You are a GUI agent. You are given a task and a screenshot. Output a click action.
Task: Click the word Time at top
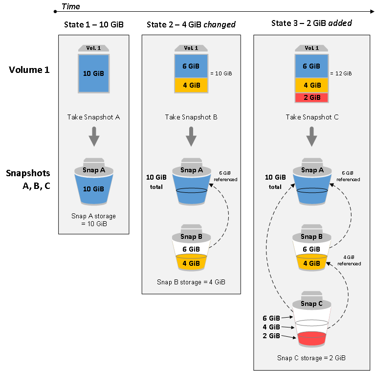[71, 6]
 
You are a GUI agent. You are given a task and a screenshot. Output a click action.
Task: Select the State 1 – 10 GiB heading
[93, 25]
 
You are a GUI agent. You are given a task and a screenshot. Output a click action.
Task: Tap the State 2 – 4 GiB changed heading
[191, 25]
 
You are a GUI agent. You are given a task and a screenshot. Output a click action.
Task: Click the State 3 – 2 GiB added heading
[312, 23]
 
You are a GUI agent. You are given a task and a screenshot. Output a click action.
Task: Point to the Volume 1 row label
[29, 70]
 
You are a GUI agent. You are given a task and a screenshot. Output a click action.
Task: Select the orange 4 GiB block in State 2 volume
[191, 85]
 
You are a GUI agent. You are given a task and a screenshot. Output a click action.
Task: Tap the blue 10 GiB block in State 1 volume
[93, 73]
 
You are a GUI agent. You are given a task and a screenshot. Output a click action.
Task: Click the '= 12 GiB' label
[341, 73]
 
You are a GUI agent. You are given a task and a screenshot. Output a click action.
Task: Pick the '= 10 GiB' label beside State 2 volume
[221, 73]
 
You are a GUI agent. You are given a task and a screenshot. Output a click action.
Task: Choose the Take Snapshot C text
[312, 117]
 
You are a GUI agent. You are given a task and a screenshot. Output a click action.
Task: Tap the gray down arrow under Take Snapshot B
[191, 137]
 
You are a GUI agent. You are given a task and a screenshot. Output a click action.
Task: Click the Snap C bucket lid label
[312, 303]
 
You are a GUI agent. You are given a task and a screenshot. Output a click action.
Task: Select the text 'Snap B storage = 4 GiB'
[191, 282]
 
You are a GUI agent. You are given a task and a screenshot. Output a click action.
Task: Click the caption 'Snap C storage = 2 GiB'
[312, 358]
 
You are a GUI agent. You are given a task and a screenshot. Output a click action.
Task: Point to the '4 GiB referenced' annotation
[352, 260]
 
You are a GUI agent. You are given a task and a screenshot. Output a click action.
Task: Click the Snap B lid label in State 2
[191, 236]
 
